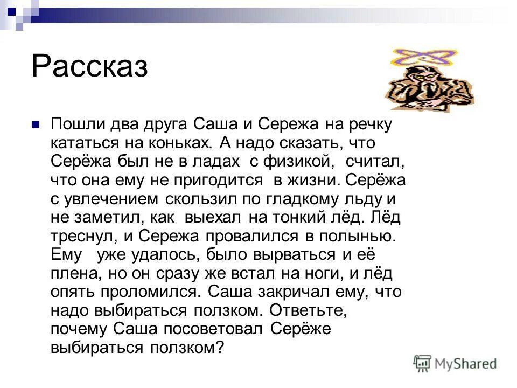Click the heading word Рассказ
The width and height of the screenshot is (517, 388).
[x=89, y=67]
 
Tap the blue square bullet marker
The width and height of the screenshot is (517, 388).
[x=36, y=124]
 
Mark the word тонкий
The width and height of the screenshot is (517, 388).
[x=308, y=217]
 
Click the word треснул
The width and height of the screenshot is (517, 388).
[x=81, y=235]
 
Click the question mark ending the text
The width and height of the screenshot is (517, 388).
[x=218, y=348]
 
